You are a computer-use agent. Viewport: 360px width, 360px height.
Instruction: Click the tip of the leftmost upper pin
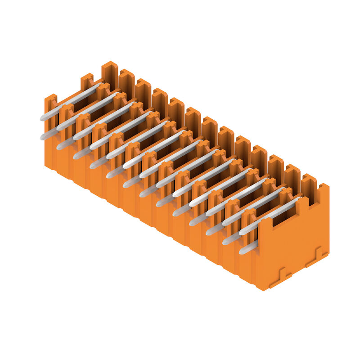[42, 118]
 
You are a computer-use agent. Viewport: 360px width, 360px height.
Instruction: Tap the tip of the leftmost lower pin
[43, 136]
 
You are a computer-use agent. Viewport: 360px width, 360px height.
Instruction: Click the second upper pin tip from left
[59, 127]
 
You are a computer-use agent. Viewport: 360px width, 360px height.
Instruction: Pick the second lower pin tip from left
[59, 146]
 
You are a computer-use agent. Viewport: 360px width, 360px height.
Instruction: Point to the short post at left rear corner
[87, 81]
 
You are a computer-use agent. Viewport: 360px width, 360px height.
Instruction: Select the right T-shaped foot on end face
[317, 256]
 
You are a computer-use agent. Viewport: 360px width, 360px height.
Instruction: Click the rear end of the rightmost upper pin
[299, 198]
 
